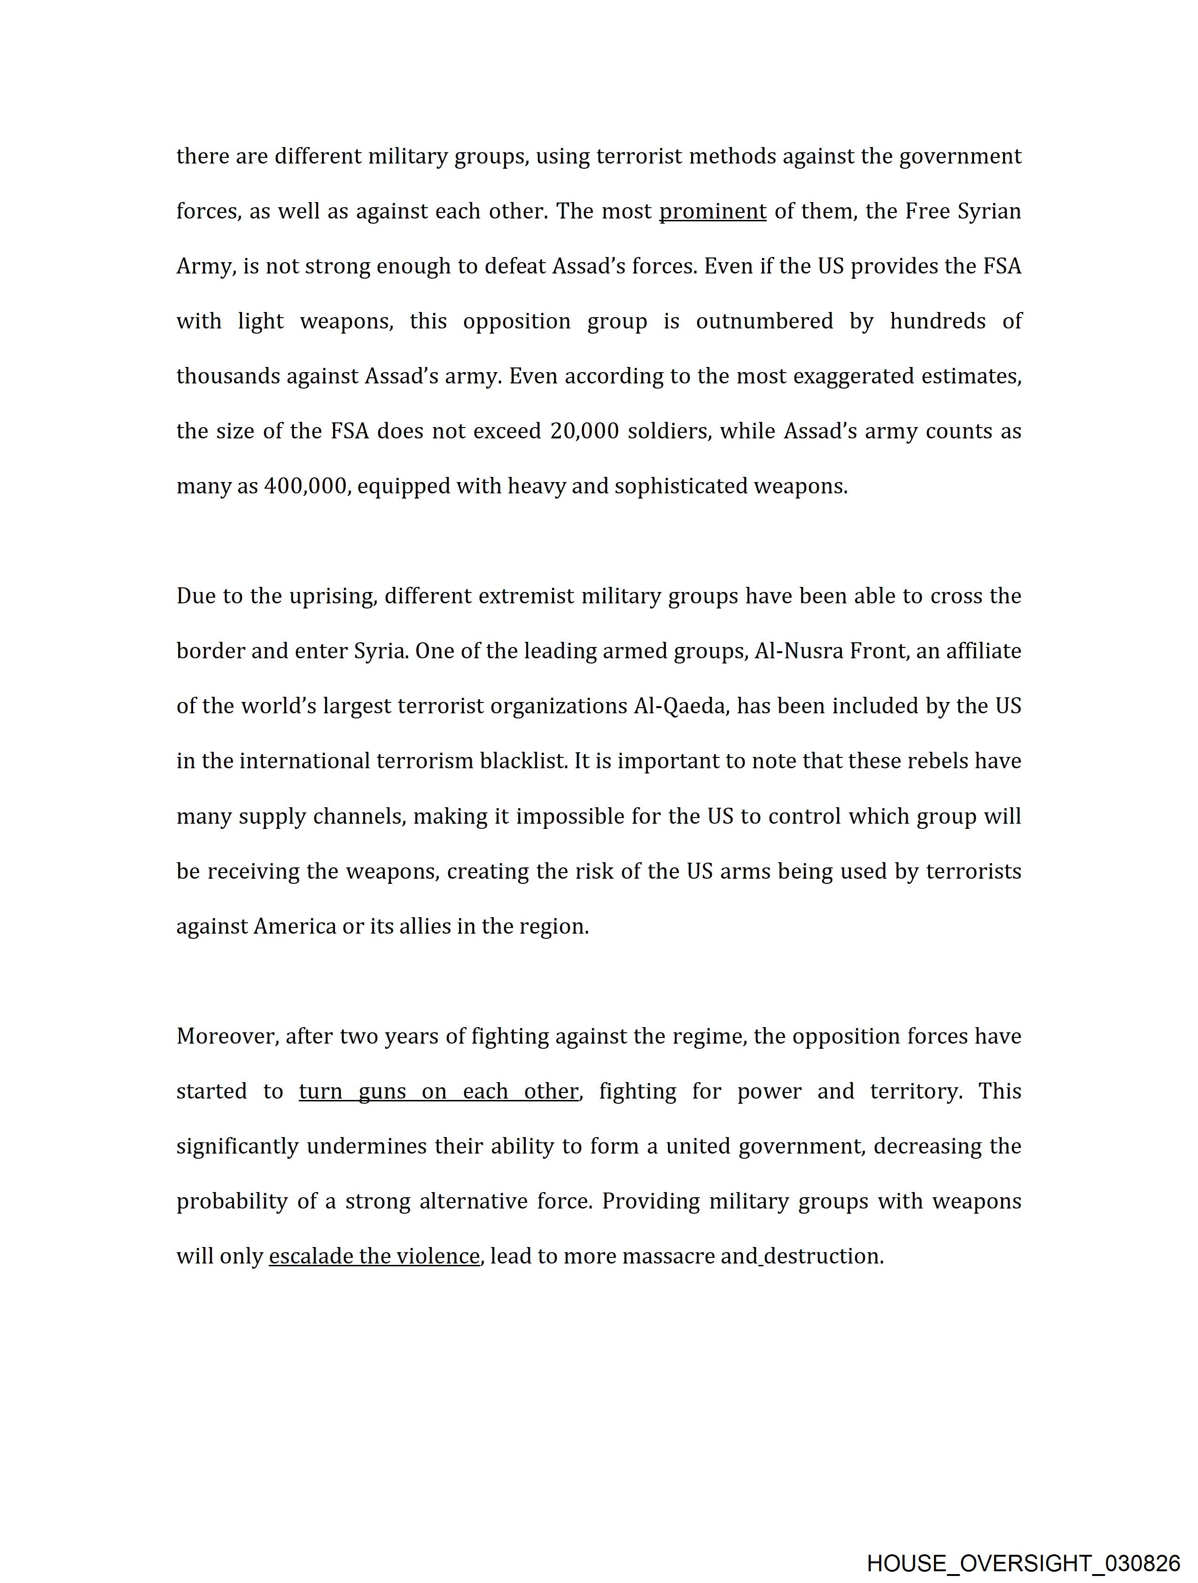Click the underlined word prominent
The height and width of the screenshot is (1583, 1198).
(x=712, y=212)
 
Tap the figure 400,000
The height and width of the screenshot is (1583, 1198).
(x=306, y=487)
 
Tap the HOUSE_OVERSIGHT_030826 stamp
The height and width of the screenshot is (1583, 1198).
(x=1023, y=1563)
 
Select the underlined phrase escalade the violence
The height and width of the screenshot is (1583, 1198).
(x=373, y=1256)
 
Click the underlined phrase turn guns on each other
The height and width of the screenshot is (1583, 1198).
(x=438, y=1092)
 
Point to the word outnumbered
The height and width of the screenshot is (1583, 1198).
(x=764, y=321)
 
